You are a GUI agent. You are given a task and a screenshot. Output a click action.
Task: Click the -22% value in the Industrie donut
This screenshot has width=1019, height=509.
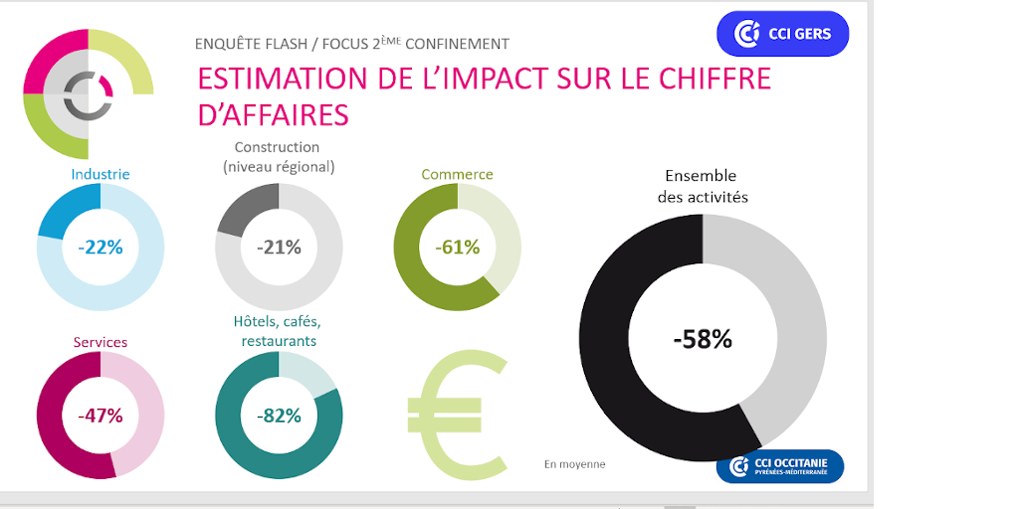(x=101, y=248)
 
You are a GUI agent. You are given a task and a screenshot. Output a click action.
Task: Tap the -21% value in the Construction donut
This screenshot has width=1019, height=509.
(x=279, y=248)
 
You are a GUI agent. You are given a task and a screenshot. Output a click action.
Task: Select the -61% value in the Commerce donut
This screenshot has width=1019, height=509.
(x=458, y=248)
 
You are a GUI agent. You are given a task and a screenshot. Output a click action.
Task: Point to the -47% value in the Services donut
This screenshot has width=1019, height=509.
(x=101, y=416)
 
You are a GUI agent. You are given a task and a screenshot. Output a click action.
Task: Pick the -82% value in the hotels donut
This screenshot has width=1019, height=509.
(x=279, y=416)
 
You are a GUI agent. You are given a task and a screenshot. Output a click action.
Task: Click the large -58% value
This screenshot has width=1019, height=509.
(x=703, y=339)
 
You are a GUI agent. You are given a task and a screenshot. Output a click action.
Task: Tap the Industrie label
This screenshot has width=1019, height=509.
(x=101, y=174)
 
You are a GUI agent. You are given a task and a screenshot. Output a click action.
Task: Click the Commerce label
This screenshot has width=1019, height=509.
(x=457, y=174)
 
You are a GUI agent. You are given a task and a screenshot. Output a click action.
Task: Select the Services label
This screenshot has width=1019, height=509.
(x=101, y=342)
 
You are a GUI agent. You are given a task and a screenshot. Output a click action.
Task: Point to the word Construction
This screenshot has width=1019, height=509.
(x=277, y=148)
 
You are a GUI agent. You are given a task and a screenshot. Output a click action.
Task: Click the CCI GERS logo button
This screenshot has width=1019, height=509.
(x=782, y=34)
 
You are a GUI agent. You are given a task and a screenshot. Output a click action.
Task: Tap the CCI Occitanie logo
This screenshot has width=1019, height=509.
(x=780, y=466)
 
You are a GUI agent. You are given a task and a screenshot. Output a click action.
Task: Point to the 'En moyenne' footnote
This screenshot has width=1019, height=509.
(x=574, y=464)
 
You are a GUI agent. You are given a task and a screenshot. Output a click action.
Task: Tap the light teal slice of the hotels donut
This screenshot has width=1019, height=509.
(x=307, y=373)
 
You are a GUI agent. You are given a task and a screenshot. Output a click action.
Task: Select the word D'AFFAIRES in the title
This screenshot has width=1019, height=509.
(x=274, y=115)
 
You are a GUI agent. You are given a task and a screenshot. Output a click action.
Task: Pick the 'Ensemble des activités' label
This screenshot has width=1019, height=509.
(x=703, y=186)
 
